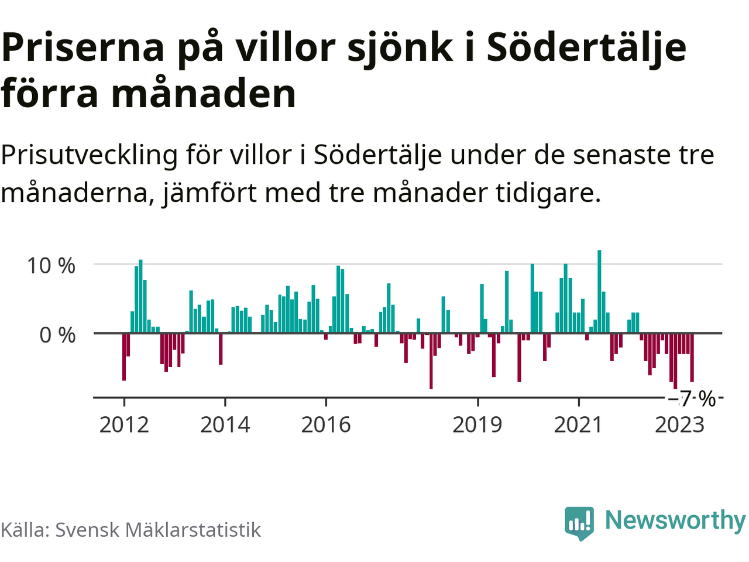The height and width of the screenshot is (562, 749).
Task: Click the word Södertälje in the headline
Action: pyautogui.click(x=586, y=48)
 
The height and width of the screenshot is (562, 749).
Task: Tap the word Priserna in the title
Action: pyautogui.click(x=83, y=48)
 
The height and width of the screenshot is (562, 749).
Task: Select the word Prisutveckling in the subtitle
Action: pyautogui.click(x=89, y=156)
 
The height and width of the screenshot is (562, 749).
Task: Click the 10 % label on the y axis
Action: pyautogui.click(x=51, y=266)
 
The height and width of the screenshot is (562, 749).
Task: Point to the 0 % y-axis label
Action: pyautogui.click(x=57, y=335)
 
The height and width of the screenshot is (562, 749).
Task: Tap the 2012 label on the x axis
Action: pyautogui.click(x=124, y=424)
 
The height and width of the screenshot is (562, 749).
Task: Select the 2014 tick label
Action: pyautogui.click(x=225, y=424)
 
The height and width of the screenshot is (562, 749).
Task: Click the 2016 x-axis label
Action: pyautogui.click(x=326, y=424)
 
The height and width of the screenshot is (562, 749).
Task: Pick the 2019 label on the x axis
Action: pyautogui.click(x=477, y=424)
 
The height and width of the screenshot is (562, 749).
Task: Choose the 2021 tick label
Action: pyautogui.click(x=578, y=424)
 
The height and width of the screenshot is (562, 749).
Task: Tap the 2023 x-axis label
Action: pyautogui.click(x=679, y=424)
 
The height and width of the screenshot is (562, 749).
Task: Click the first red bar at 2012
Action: pyautogui.click(x=124, y=357)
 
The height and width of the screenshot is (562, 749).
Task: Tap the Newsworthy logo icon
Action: pyautogui.click(x=579, y=522)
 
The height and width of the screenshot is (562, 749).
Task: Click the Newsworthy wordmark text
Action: pyautogui.click(x=675, y=520)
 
